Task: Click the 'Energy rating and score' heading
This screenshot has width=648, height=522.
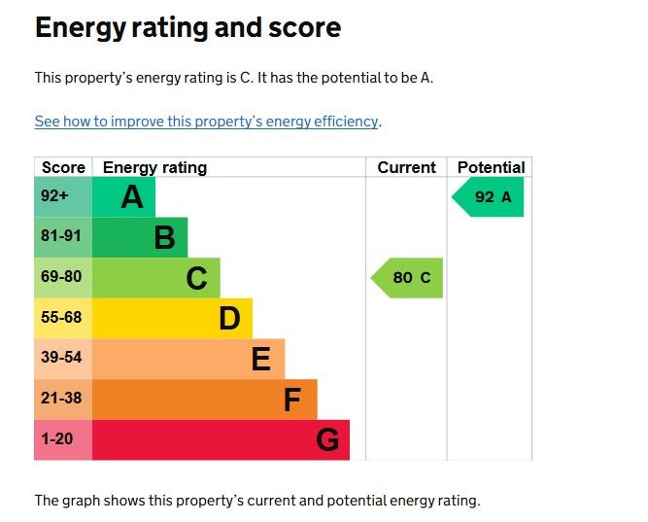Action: pyautogui.click(x=188, y=27)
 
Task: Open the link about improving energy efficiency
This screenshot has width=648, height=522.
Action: pyautogui.click(x=206, y=122)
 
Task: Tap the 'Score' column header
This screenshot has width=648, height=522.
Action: pyautogui.click(x=63, y=167)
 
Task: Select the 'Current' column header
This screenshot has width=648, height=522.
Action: pyautogui.click(x=406, y=167)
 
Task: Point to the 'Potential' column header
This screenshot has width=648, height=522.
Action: pyautogui.click(x=491, y=167)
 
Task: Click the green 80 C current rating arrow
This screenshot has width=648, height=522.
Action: pyautogui.click(x=408, y=278)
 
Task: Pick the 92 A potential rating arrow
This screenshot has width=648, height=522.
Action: pyautogui.click(x=489, y=197)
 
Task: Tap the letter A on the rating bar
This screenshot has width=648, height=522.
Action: pyautogui.click(x=132, y=197)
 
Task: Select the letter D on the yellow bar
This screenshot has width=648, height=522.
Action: pyautogui.click(x=229, y=318)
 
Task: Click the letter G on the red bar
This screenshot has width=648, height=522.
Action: pyautogui.click(x=327, y=439)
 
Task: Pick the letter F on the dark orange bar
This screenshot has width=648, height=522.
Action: pyautogui.click(x=292, y=399)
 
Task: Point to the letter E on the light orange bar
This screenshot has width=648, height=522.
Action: pyautogui.click(x=260, y=359)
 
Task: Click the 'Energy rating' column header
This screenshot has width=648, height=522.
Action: pyautogui.click(x=154, y=167)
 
